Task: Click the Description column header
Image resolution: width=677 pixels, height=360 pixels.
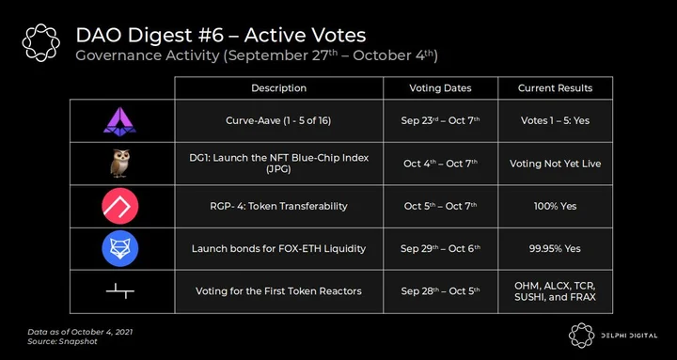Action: pyautogui.click(x=279, y=88)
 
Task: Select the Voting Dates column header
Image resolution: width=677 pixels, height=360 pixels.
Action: pyautogui.click(x=440, y=88)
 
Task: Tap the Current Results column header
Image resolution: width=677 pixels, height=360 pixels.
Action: pyautogui.click(x=556, y=88)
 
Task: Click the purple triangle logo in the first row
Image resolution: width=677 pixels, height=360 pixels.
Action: pyautogui.click(x=119, y=121)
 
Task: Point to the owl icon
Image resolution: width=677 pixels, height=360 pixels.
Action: pyautogui.click(x=120, y=164)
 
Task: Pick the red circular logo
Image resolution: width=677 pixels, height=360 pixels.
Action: pyautogui.click(x=120, y=206)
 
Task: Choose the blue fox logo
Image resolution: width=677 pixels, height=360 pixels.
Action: pyautogui.click(x=120, y=248)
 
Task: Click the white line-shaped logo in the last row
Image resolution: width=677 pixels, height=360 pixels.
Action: pyautogui.click(x=120, y=291)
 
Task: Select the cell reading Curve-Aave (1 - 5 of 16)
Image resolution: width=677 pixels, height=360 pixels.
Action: pyautogui.click(x=278, y=121)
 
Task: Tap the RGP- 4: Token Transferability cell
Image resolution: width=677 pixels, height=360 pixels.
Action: pyautogui.click(x=278, y=206)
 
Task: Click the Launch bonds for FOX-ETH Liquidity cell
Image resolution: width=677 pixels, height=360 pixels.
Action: pyautogui.click(x=278, y=249)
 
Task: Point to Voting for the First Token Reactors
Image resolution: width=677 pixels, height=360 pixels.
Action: pyautogui.click(x=278, y=291)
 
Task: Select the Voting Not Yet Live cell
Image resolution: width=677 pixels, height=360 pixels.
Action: pyautogui.click(x=556, y=164)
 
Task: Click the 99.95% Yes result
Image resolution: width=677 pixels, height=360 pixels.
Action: pyautogui.click(x=556, y=249)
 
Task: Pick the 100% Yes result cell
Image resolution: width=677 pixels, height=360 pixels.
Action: pyautogui.click(x=556, y=206)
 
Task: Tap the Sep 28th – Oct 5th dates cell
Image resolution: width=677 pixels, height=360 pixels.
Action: pyautogui.click(x=440, y=291)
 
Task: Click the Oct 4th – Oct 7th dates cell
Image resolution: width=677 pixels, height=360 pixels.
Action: pyautogui.click(x=440, y=164)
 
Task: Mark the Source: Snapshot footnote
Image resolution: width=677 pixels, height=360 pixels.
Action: pyautogui.click(x=63, y=341)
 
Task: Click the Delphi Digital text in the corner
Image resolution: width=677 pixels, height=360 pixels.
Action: pyautogui.click(x=629, y=336)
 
